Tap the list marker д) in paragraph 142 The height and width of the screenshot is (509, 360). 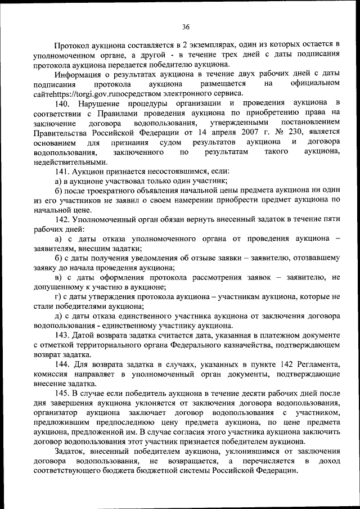tap(58, 315)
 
